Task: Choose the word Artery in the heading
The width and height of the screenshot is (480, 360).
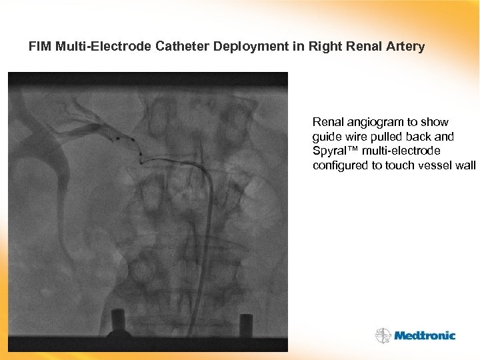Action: click(x=404, y=47)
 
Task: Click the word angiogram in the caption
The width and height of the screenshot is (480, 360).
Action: click(x=374, y=122)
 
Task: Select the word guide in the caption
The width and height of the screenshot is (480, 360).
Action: click(x=327, y=137)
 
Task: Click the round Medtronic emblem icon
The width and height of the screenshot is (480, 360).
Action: click(x=383, y=335)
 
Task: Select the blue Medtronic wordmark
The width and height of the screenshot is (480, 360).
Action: click(x=425, y=336)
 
